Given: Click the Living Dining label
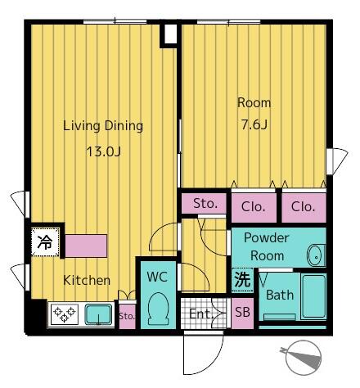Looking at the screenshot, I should [103, 126].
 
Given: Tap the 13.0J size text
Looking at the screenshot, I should [103, 151].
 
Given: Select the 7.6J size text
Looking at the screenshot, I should [254, 125].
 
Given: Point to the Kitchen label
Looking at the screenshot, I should [87, 280].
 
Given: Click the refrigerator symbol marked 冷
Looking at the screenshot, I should [44, 242].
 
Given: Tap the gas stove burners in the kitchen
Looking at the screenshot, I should [64, 314].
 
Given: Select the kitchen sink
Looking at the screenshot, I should [100, 314].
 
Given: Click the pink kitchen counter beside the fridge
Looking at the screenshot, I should [85, 245].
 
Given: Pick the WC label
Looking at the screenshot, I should [157, 277].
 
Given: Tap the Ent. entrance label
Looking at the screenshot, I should [199, 313].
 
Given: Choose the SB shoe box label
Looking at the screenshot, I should [242, 313].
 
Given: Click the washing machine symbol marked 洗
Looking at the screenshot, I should [242, 278].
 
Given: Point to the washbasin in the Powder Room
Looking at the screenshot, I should [315, 255].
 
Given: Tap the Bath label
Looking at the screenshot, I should [279, 295].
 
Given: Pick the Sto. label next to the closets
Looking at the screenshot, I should [205, 204].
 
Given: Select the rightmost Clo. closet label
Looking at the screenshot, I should [303, 207].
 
